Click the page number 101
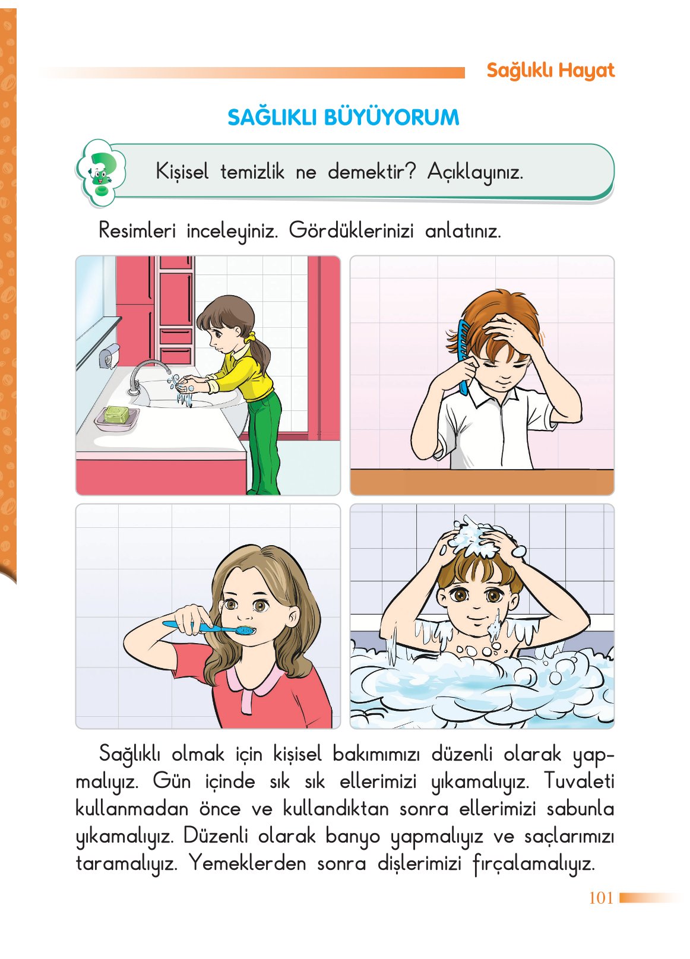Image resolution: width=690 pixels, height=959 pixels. (x=600, y=897)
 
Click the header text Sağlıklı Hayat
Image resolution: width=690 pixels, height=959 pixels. (x=550, y=71)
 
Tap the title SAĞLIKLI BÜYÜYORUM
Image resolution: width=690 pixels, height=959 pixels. (x=343, y=117)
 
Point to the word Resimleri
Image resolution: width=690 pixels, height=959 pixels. (x=137, y=230)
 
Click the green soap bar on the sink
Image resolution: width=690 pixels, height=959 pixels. (x=118, y=414)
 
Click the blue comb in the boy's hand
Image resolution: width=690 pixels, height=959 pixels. (x=463, y=356)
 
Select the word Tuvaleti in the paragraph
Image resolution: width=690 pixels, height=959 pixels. (x=578, y=781)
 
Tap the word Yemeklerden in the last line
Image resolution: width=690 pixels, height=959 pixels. (x=247, y=863)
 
